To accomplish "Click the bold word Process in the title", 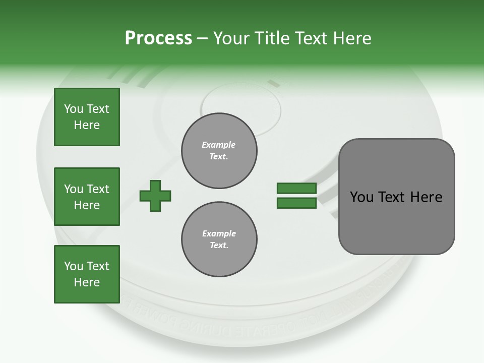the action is coord(158,38).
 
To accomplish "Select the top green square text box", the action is coord(87,117).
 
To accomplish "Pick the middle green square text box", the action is coord(87,197).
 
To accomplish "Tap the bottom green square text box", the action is coord(87,274).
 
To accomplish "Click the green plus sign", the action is coord(155,195).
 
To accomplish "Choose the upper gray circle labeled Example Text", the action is coord(219,151).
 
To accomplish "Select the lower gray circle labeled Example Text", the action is coord(219,239).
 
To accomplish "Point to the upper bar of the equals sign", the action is coord(296,188).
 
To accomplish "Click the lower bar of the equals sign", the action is coord(296,203).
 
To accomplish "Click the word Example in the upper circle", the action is coord(219,145).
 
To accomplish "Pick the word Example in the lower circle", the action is coord(219,233).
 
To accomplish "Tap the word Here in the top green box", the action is coord(87,125).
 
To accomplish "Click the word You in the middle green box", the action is coord(73,189).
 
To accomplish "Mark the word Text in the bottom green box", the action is coord(97,266).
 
